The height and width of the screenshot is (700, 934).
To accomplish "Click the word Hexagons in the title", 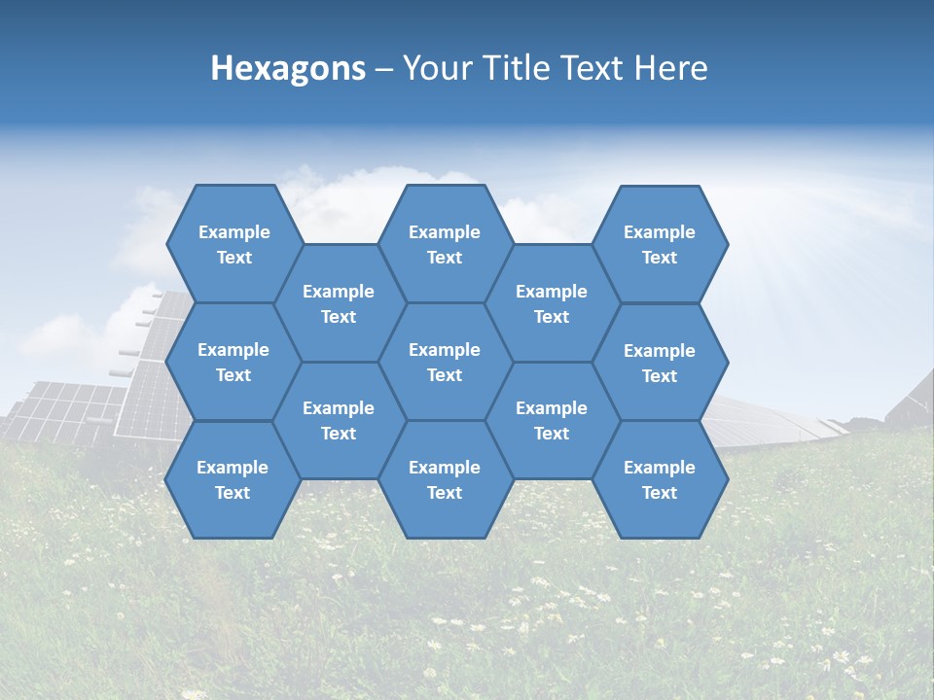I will pos(288,68).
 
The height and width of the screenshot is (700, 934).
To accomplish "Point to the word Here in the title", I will pos(670,68).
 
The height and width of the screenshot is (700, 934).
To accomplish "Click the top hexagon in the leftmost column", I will pos(233,244).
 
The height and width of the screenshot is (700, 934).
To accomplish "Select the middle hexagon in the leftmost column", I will pos(233,362).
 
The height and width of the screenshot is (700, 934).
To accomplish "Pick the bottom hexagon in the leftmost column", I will pos(233,479).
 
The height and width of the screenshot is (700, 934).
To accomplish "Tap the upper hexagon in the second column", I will pos(339,303).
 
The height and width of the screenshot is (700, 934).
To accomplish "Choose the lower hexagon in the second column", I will pos(339,420).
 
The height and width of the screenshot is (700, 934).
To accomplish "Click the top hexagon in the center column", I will pos(445,244).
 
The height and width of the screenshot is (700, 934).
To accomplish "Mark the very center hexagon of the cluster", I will pos(445,362).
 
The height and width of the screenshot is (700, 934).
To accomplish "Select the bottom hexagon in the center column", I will pos(445,479).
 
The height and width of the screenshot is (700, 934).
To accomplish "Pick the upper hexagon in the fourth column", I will pos(552,303).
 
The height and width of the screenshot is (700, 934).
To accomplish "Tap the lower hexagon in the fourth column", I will pos(552,420).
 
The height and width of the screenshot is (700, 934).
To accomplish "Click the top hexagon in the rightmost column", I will pos(660,244).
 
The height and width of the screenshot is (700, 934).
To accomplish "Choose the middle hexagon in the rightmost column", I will pos(660,363).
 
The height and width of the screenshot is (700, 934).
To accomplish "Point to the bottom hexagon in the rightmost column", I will pos(660,479).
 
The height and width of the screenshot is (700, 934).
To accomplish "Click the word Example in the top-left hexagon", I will pos(233,232).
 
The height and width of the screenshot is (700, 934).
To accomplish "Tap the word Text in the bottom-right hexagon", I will pos(660,493).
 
